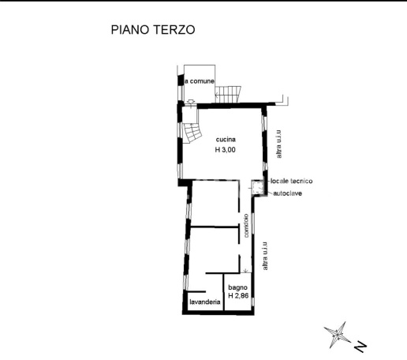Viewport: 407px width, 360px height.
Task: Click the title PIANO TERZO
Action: pyautogui.click(x=152, y=30)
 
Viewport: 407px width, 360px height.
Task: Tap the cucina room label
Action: pyautogui.click(x=226, y=141)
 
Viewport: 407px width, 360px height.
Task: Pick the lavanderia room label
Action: pyautogui.click(x=204, y=301)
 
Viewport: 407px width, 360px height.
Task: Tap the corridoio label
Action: pyautogui.click(x=246, y=227)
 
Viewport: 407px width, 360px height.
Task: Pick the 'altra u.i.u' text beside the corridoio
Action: pyautogui.click(x=267, y=257)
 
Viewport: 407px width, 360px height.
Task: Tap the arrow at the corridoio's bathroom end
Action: pyautogui.click(x=246, y=271)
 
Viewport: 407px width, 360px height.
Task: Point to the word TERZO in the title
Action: pyautogui.click(x=174, y=30)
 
